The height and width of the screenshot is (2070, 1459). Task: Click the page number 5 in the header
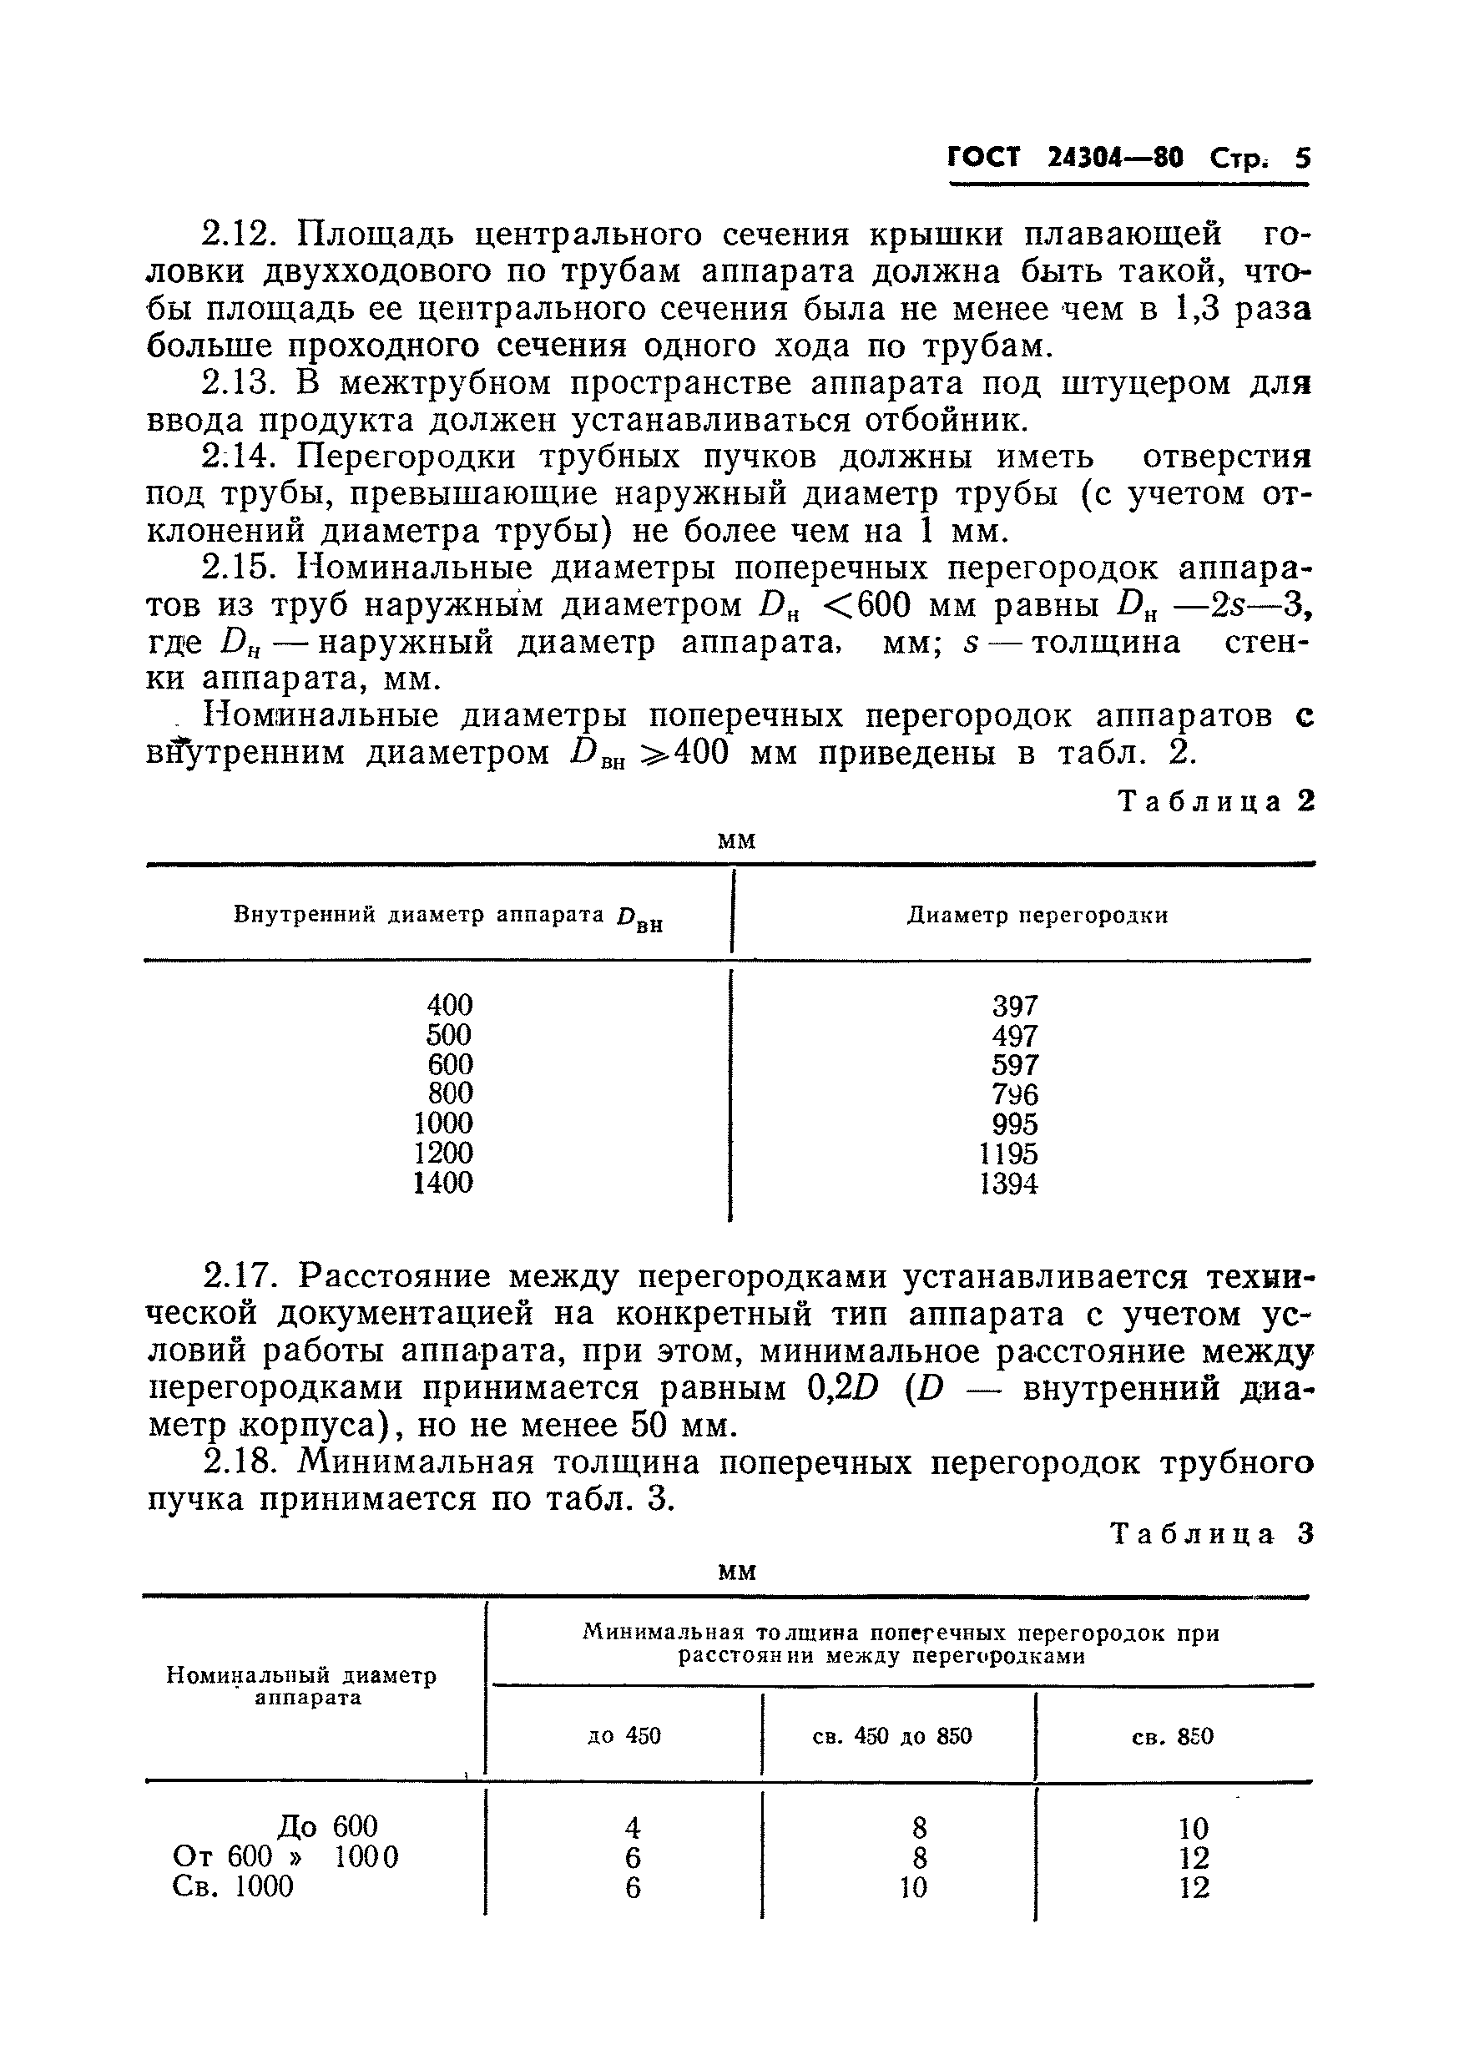coord(1302,159)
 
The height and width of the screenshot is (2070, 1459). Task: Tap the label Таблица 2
coord(1215,801)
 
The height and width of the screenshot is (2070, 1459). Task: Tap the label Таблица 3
coord(1212,1533)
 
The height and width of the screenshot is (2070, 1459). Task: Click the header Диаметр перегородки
coord(1037,916)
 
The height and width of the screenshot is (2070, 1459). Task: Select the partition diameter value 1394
coord(1008,1184)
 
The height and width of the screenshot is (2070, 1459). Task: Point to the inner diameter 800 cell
coord(450,1093)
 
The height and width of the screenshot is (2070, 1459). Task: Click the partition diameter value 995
coord(1014,1124)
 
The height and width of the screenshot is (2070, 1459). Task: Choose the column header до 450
coord(624,1735)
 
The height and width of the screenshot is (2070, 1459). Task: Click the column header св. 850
coord(1172,1736)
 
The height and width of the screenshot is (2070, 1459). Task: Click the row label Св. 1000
coord(233,1886)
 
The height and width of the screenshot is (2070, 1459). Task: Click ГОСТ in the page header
coord(985,158)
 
